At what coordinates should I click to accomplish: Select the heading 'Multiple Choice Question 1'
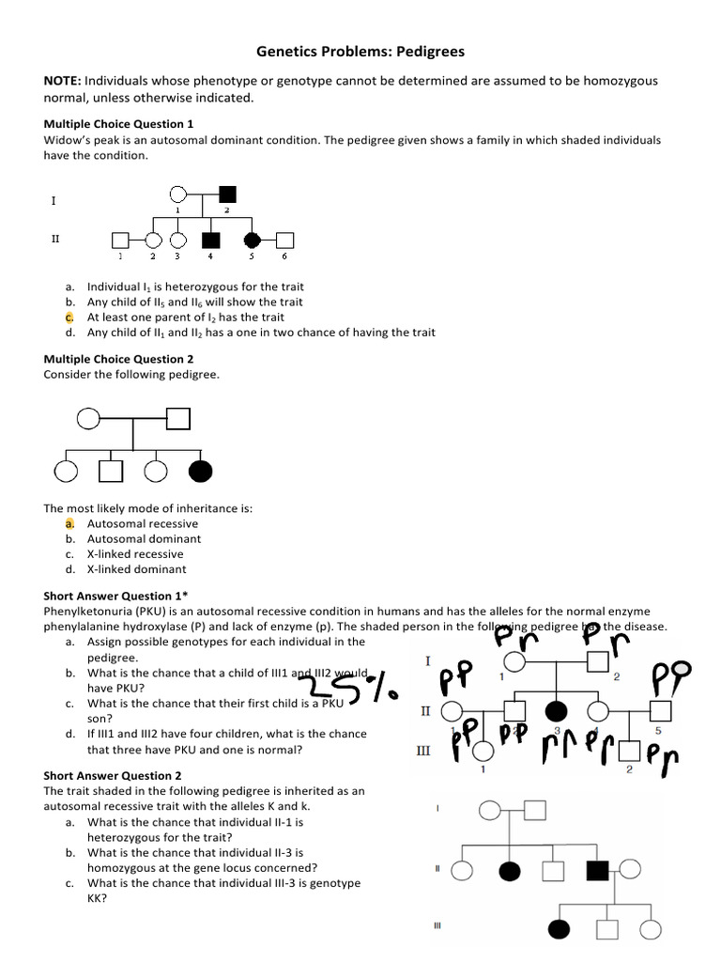(x=118, y=124)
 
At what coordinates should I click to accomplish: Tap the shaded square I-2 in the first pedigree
(x=226, y=195)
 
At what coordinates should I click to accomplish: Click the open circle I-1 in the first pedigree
(x=177, y=195)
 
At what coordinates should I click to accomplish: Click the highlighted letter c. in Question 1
(x=69, y=318)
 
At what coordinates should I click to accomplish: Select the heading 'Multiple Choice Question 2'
(x=118, y=359)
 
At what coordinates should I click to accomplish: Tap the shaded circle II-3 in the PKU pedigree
(x=557, y=710)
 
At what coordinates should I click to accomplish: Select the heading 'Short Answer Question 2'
(x=113, y=776)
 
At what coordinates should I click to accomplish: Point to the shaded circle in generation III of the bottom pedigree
(x=560, y=929)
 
